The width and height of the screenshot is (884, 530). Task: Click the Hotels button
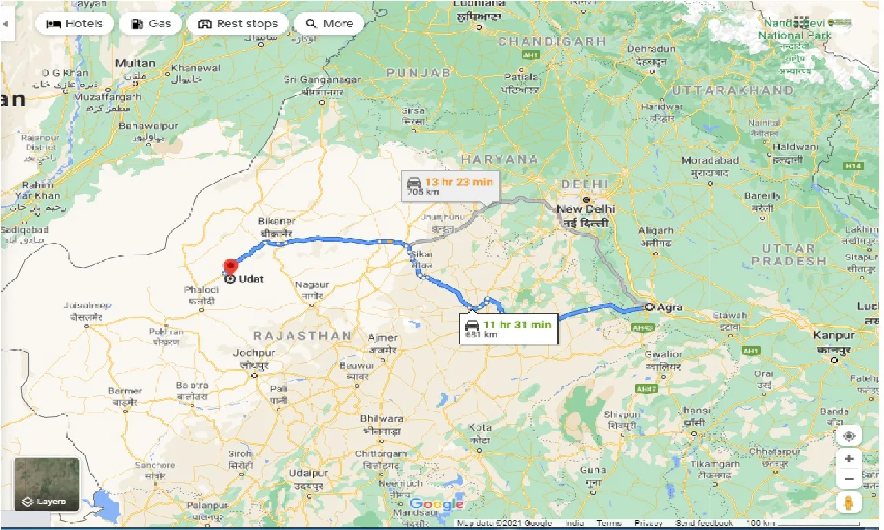click(74, 23)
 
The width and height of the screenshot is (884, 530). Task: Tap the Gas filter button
click(150, 23)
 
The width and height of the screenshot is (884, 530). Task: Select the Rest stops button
click(237, 23)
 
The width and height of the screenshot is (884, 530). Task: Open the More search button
click(329, 23)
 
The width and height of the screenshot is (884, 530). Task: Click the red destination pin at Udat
click(230, 266)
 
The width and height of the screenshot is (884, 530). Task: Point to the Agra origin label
click(668, 307)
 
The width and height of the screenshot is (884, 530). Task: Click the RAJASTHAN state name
click(302, 335)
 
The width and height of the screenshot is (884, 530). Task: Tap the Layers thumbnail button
click(47, 484)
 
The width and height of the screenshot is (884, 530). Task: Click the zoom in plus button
click(849, 459)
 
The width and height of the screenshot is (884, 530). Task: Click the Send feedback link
click(704, 523)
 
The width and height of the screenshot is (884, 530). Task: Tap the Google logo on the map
click(435, 504)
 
